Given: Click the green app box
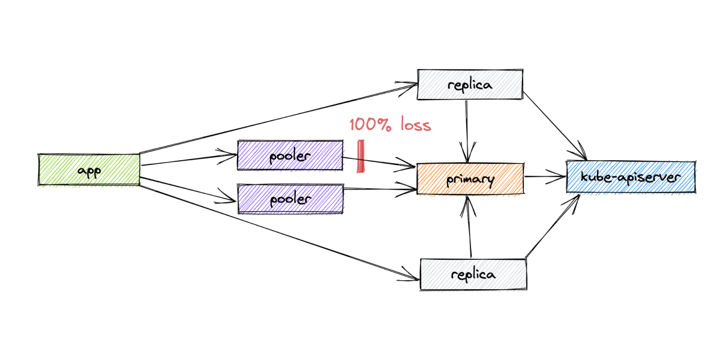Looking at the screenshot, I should coord(89,170).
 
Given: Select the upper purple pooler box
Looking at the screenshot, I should coord(290,156).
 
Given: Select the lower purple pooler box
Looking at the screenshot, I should coord(290,199).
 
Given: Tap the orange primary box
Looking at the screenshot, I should coord(470,178).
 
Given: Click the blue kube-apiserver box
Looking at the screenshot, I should coord(631,177).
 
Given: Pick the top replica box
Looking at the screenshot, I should coord(470,85).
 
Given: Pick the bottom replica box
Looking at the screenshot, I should coord(473,274).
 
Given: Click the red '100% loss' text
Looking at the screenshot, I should coord(390,125).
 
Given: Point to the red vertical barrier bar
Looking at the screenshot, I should coord(361,157).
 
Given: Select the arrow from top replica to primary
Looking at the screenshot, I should coord(467,129).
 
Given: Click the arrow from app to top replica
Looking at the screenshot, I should coord(276,118).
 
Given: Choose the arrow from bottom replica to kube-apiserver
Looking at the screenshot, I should coord(552,227).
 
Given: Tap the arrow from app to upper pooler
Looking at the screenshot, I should coord(189,160).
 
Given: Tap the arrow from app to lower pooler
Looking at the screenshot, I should coord(189,188).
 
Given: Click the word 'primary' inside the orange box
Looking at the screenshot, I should coord(470,179).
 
